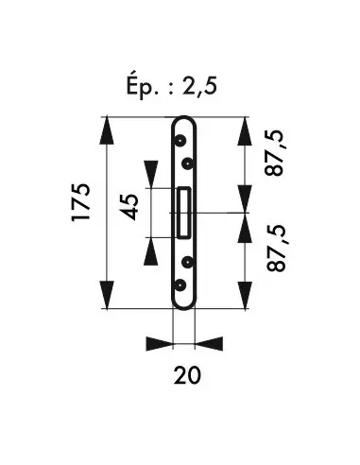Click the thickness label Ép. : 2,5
(172, 86)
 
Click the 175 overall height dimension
(81, 202)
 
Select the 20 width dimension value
(187, 375)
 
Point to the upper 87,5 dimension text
(274, 152)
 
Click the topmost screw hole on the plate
(180, 140)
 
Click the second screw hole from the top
(188, 164)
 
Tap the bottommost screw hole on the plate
(180, 284)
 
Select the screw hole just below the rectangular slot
(188, 262)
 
